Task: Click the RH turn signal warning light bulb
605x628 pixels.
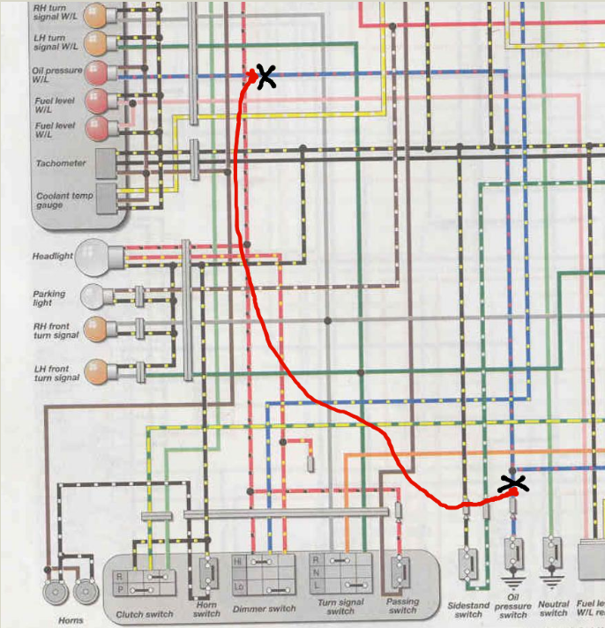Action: tap(95, 14)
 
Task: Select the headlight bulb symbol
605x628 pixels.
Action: tap(91, 257)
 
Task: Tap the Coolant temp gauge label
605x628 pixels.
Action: tap(61, 199)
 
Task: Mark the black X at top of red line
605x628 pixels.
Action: tap(264, 77)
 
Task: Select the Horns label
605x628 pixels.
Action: tap(71, 620)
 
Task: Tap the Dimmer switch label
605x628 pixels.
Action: tap(264, 609)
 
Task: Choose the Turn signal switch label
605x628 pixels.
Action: tap(340, 608)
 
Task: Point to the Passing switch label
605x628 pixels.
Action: tap(402, 606)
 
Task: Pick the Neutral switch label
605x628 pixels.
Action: tap(553, 608)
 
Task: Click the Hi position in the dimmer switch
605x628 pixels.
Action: tap(237, 560)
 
